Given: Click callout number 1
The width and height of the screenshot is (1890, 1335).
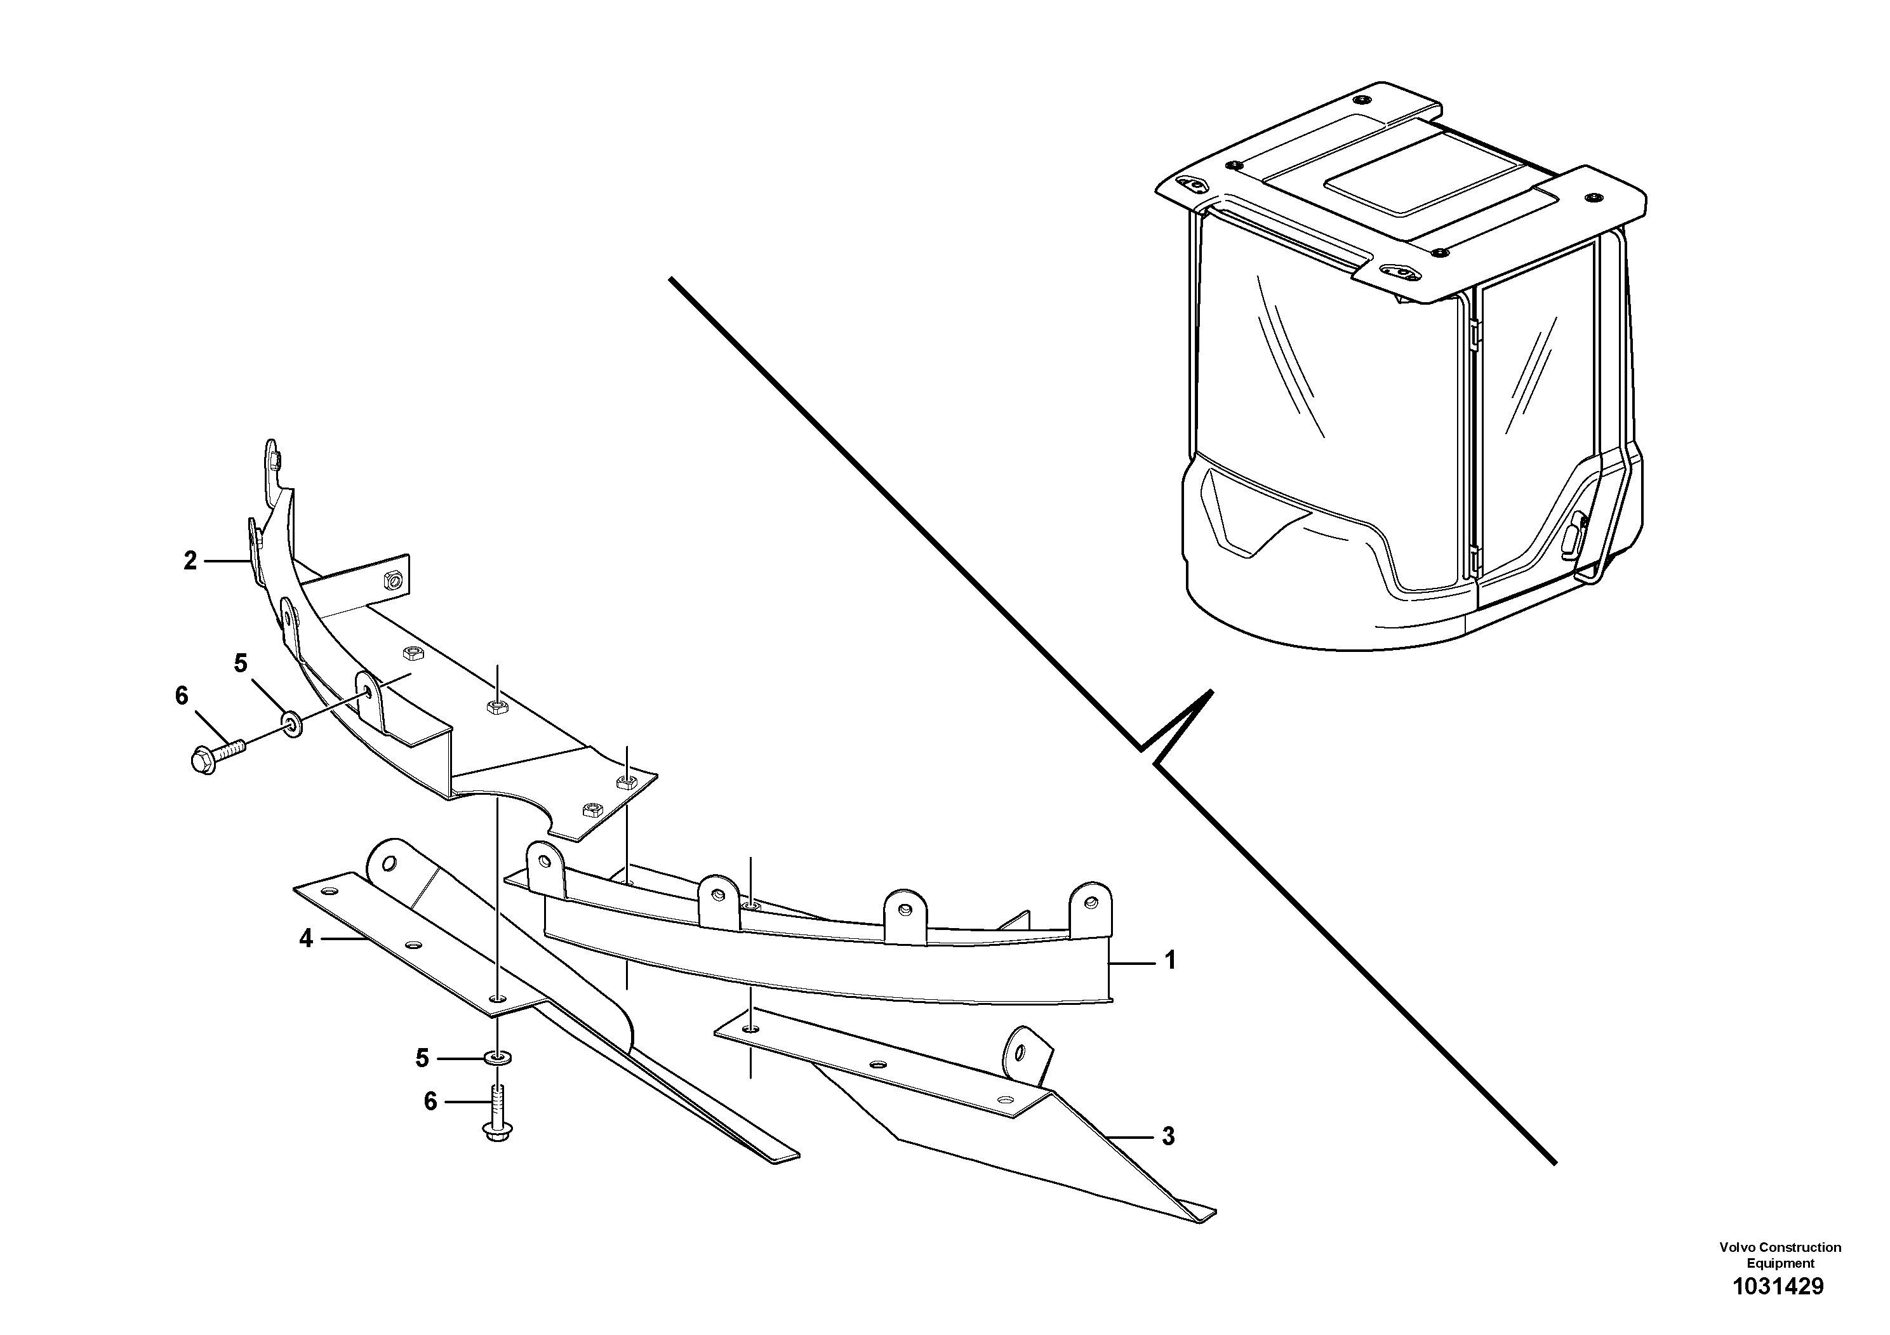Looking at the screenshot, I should coord(1169,960).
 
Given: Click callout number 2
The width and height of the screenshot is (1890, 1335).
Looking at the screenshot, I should coord(190,561).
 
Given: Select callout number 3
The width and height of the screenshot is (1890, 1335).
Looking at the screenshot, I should coord(1168,1137).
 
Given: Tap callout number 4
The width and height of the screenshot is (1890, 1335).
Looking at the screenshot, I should coord(306,938).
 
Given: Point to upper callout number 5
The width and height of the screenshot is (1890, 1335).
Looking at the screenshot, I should coord(241,663).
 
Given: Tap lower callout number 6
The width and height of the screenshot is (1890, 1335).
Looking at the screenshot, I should coord(430,1101).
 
